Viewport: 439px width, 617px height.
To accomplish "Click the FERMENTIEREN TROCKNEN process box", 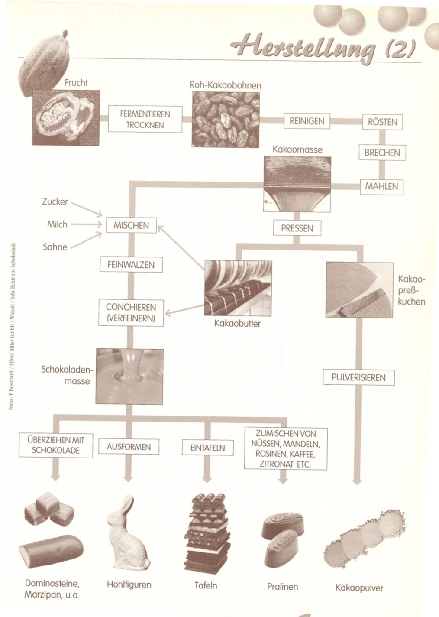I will (x=145, y=119).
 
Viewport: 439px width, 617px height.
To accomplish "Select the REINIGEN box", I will (x=306, y=121).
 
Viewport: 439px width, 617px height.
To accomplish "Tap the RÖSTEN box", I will (x=382, y=122).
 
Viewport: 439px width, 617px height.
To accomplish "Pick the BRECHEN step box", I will (x=382, y=153).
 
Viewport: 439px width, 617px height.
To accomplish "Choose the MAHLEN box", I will (x=381, y=187).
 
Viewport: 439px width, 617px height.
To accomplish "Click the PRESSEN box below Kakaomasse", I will (x=297, y=228).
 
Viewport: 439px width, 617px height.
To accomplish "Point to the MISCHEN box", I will (x=131, y=225).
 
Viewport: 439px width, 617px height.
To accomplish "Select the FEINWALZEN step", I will (x=131, y=264).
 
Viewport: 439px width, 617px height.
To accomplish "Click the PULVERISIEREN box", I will (x=358, y=377).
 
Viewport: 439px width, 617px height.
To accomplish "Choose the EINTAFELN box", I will (x=208, y=448).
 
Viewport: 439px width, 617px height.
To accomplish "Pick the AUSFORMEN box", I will (x=129, y=447).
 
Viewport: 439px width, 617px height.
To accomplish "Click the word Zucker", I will (x=55, y=201).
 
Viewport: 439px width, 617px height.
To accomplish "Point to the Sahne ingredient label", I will (x=55, y=247).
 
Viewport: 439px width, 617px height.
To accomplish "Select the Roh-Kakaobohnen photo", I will (x=226, y=120).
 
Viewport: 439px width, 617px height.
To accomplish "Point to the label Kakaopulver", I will (x=359, y=588).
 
